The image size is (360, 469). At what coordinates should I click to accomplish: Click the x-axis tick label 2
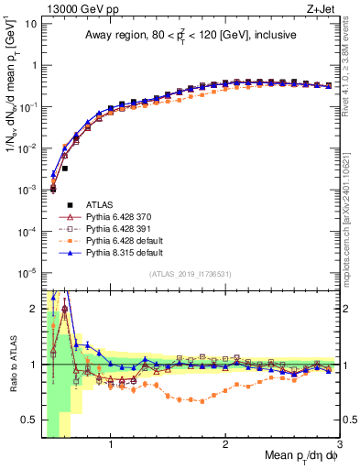(225, 446)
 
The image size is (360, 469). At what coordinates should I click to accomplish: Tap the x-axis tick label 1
(111, 446)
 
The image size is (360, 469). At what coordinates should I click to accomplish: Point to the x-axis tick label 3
(339, 446)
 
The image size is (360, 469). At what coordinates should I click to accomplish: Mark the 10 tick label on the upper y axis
(30, 23)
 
